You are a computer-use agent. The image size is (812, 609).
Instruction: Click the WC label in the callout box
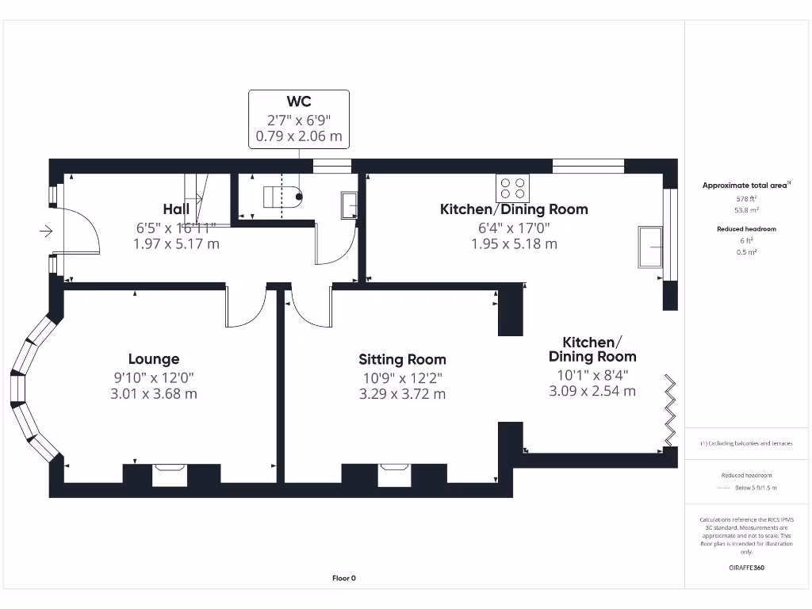(x=298, y=101)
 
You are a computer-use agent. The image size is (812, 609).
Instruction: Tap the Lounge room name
(x=154, y=358)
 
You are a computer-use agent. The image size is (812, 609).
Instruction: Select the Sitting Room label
(x=402, y=359)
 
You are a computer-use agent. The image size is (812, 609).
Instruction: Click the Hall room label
(x=176, y=209)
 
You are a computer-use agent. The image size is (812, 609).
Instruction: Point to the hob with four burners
(x=512, y=188)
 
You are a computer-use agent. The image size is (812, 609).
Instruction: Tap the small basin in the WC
(x=349, y=205)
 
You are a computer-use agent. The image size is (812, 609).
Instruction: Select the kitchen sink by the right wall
(x=651, y=247)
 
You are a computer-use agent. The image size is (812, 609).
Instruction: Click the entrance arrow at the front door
(x=46, y=232)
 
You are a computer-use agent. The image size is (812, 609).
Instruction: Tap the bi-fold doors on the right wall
(x=671, y=411)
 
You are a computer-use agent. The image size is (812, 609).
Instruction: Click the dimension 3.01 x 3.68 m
(x=154, y=393)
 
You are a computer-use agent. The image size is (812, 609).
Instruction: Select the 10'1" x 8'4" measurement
(x=592, y=373)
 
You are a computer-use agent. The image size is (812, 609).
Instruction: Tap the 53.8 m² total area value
(x=747, y=210)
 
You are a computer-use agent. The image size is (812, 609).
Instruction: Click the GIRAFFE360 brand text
(x=747, y=568)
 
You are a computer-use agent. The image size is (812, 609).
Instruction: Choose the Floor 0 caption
(x=343, y=578)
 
